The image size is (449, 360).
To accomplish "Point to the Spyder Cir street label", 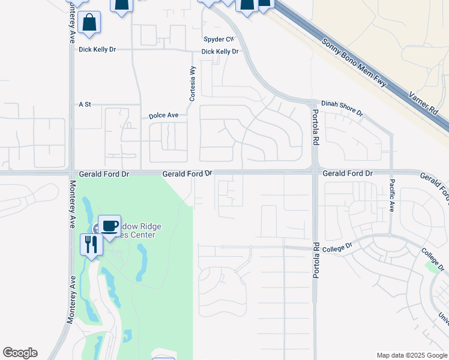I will point(217,40).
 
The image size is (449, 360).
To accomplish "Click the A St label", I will point(85,104).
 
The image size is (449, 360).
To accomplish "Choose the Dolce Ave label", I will point(164,115).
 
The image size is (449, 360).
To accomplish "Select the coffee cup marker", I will point(109,226).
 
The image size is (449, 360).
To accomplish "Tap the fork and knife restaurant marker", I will point(91,244).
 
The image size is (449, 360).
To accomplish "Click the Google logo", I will point(20,353).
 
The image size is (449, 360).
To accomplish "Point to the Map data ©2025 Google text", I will point(411,355).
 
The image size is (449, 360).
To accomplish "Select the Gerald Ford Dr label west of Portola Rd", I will point(187,173).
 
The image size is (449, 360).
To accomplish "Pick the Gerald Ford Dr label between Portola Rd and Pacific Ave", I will point(348,173).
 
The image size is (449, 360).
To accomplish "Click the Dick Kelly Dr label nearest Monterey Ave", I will point(97,49).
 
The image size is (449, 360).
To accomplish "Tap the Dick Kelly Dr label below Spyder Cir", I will point(220,52).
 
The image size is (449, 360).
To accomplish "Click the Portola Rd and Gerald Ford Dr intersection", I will point(315,173).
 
